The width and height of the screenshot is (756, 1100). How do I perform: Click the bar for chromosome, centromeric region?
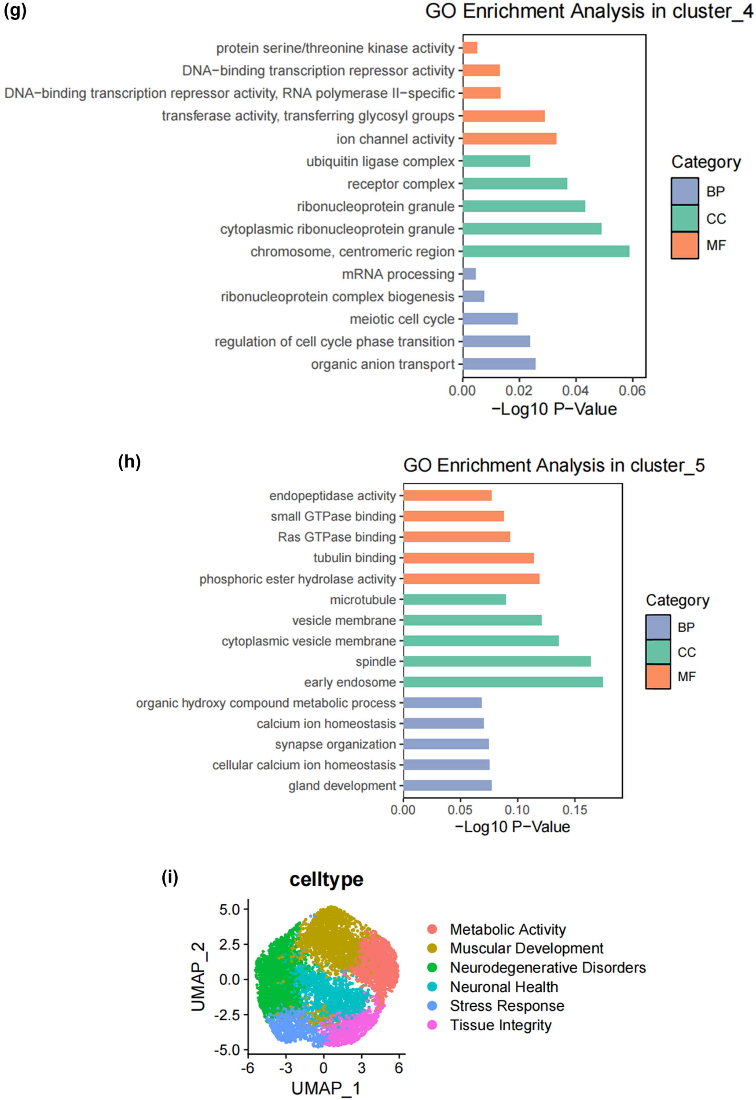click(x=546, y=251)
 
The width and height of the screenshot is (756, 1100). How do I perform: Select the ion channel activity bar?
click(x=509, y=139)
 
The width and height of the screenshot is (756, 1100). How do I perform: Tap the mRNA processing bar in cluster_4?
click(x=469, y=274)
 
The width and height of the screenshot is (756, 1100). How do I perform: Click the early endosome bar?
click(x=503, y=682)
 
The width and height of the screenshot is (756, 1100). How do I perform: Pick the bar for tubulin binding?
click(x=468, y=558)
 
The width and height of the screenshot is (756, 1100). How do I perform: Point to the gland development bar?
click(x=447, y=785)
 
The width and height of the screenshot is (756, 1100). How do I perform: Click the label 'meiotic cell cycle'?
click(x=402, y=319)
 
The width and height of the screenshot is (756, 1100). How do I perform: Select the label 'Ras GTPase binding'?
click(x=336, y=537)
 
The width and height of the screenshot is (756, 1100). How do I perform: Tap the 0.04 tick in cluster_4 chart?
click(x=575, y=391)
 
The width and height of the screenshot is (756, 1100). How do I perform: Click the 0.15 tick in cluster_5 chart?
click(x=575, y=810)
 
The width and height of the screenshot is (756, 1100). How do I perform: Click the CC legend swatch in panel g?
click(x=684, y=218)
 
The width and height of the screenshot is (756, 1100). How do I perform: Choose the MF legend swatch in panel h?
click(x=657, y=677)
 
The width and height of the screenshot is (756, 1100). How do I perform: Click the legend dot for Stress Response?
click(x=432, y=1006)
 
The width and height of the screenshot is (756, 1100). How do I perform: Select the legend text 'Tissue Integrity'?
click(x=500, y=1025)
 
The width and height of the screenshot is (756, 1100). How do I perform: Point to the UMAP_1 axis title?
click(x=326, y=1088)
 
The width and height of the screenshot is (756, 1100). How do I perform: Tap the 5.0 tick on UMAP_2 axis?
click(x=229, y=909)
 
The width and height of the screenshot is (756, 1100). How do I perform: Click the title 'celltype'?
click(x=327, y=879)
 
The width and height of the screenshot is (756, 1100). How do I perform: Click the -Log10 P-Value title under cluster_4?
click(x=554, y=409)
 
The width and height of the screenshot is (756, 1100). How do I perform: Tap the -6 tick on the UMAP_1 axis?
click(x=247, y=1068)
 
